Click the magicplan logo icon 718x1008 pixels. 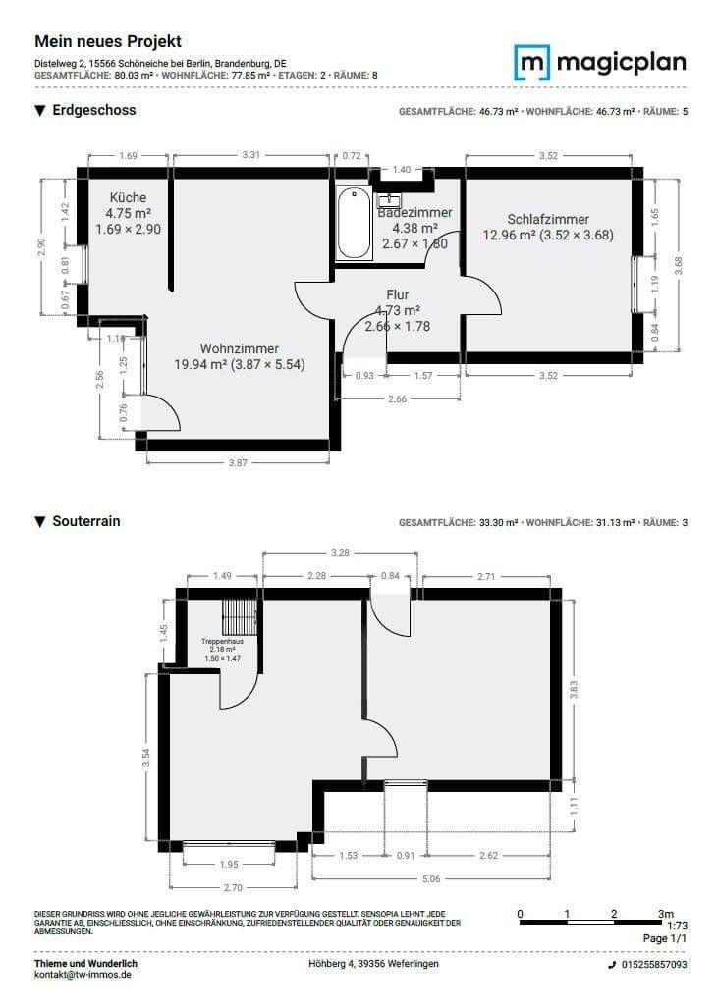click(x=532, y=63)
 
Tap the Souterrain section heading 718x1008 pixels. click(x=85, y=521)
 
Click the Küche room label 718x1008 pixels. click(x=128, y=197)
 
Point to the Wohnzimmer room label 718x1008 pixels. click(x=240, y=348)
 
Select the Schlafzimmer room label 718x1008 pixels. click(x=548, y=220)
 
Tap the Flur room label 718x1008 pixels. click(x=397, y=294)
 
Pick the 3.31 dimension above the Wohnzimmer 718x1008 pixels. click(x=250, y=155)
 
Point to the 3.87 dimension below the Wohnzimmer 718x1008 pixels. click(x=238, y=462)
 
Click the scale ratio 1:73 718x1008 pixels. click(x=677, y=925)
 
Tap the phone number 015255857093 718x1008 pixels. click(x=653, y=965)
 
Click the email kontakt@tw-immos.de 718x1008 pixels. click(x=83, y=975)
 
